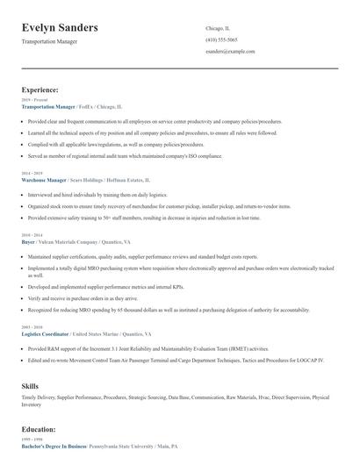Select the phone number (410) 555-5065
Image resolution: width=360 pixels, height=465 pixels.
pos(220,39)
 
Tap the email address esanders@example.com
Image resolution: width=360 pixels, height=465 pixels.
pos(230,52)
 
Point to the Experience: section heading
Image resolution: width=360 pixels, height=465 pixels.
pos(40,89)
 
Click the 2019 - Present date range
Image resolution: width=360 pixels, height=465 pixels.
pos(32,100)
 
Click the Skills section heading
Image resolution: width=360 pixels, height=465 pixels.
pos(30,386)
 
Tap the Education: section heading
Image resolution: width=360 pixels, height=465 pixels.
pos(39,430)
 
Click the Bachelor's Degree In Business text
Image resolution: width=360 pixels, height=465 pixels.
pos(52,447)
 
